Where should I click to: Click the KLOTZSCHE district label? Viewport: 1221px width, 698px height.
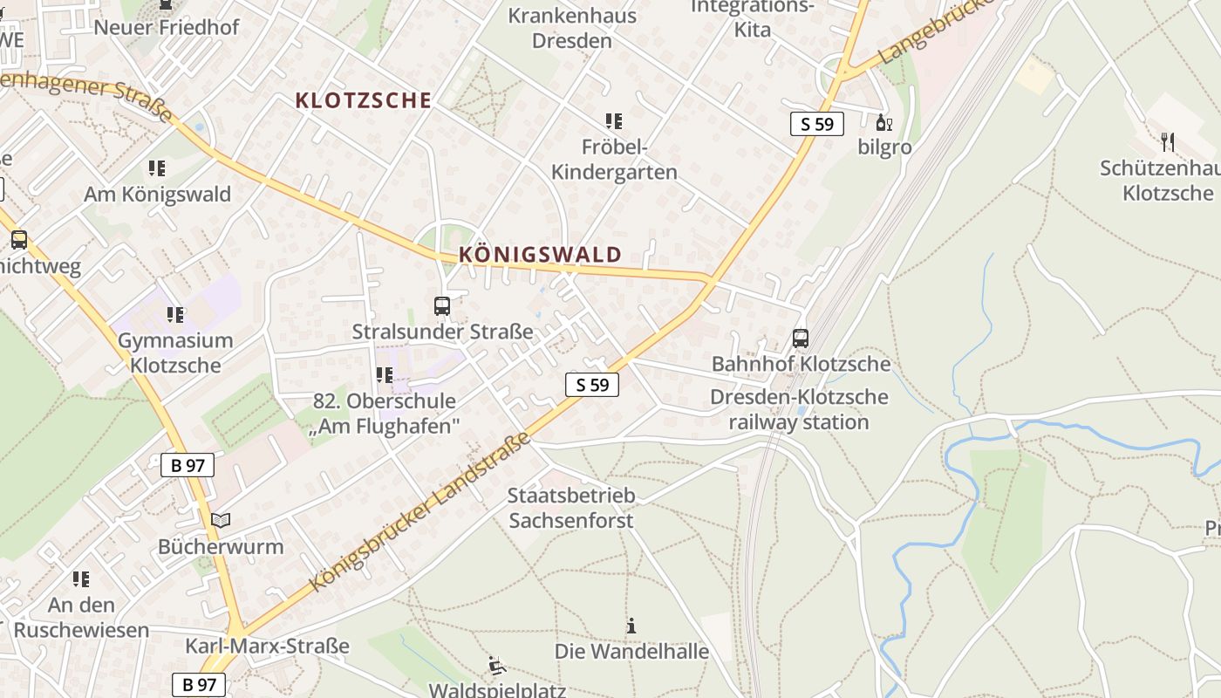pyautogui.click(x=364, y=100)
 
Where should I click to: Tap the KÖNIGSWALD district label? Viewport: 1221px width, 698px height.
pyautogui.click(x=540, y=255)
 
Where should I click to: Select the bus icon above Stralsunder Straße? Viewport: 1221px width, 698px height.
pyautogui.click(x=442, y=306)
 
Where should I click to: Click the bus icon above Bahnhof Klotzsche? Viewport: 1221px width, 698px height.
pyautogui.click(x=800, y=339)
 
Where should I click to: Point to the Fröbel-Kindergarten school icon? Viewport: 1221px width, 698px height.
pyautogui.click(x=614, y=121)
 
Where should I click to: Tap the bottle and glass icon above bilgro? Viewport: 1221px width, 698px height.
pyautogui.click(x=883, y=123)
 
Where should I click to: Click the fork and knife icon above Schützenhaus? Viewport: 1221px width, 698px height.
pyautogui.click(x=1168, y=142)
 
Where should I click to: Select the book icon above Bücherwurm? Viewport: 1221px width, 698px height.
pyautogui.click(x=221, y=521)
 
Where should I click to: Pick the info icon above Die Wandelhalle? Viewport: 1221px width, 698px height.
pyautogui.click(x=631, y=626)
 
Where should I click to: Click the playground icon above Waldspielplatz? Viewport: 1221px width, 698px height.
pyautogui.click(x=496, y=666)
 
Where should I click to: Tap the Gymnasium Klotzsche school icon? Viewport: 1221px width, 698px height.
pyautogui.click(x=175, y=314)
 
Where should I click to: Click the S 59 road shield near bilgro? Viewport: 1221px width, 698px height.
pyautogui.click(x=817, y=124)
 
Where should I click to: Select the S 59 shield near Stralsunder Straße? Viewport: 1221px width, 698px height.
pyautogui.click(x=592, y=384)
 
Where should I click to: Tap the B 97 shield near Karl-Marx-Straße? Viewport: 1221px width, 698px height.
pyautogui.click(x=199, y=685)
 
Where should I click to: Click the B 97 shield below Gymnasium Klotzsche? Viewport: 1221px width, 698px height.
pyautogui.click(x=188, y=465)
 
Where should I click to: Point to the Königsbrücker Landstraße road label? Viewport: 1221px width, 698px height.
pyautogui.click(x=420, y=513)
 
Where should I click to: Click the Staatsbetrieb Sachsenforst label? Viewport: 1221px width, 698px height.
pyautogui.click(x=571, y=508)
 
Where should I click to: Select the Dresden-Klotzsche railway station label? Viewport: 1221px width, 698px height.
pyautogui.click(x=799, y=409)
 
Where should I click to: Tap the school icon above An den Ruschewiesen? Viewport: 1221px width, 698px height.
pyautogui.click(x=81, y=579)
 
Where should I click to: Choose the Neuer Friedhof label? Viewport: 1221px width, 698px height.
pyautogui.click(x=166, y=27)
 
